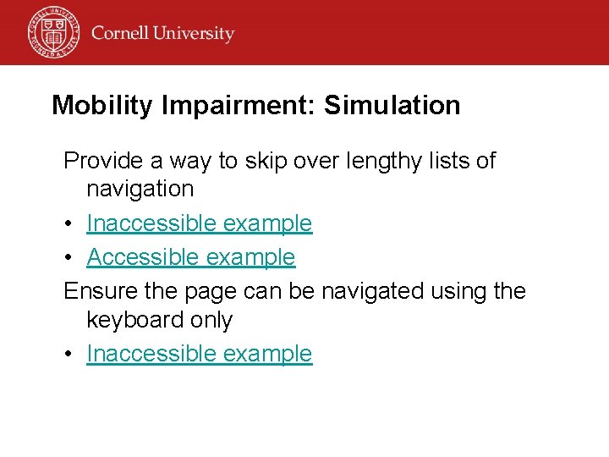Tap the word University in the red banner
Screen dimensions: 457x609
pos(195,35)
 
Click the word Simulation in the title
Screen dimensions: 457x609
pos(392,106)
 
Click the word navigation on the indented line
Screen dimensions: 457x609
pos(140,190)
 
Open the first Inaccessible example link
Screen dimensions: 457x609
pos(199,224)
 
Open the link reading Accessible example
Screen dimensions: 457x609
pos(190,257)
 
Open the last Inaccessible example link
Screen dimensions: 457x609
pos(199,354)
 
